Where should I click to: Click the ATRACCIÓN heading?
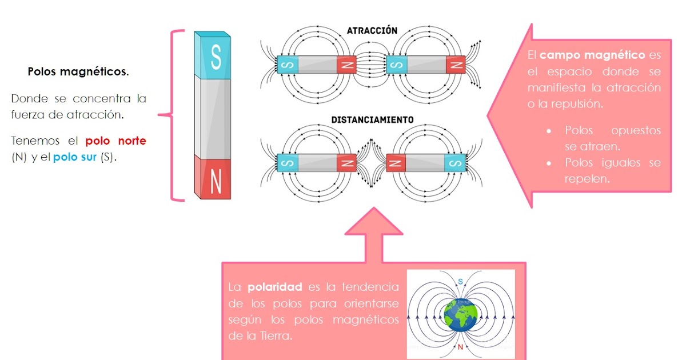[x=372, y=30]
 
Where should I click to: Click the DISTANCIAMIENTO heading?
[x=372, y=120]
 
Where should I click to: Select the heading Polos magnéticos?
[x=78, y=73]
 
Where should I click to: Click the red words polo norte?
[x=115, y=141]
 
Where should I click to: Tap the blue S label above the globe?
[x=460, y=281]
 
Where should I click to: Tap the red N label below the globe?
[x=460, y=347]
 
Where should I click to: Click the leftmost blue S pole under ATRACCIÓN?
[x=287, y=65]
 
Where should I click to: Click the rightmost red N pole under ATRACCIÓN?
[x=456, y=65]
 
